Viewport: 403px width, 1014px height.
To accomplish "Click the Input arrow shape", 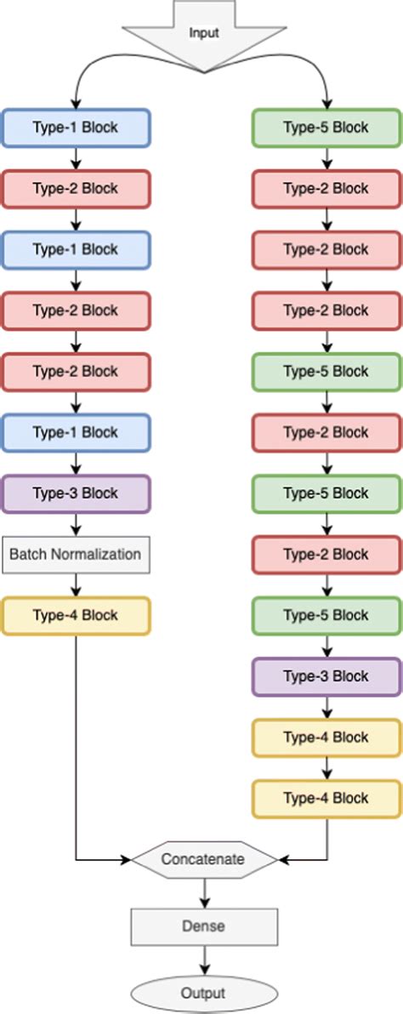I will coord(202,32).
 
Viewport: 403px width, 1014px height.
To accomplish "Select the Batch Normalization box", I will coord(76,555).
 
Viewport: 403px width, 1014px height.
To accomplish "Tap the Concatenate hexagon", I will coord(204,859).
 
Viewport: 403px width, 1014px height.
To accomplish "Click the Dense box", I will coord(204,926).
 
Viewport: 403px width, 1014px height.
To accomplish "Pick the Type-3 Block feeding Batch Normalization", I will coord(76,493).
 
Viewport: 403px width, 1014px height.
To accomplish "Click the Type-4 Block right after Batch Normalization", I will coord(76,616).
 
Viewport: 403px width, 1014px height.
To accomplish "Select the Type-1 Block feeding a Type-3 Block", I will coord(76,432).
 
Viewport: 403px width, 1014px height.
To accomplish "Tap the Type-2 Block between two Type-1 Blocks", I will coord(76,188).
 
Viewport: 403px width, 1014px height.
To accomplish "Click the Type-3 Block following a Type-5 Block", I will coord(326,676).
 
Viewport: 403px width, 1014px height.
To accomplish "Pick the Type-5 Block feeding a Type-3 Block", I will coord(326,615).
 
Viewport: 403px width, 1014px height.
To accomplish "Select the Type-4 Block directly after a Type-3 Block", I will coord(326,737).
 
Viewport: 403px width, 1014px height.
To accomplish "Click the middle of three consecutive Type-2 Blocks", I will coord(326,249).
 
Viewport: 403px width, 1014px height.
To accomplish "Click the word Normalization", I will coord(99,555).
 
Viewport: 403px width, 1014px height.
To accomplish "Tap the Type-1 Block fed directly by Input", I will coord(76,128).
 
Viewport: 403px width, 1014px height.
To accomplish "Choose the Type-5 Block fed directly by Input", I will coord(326,128).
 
